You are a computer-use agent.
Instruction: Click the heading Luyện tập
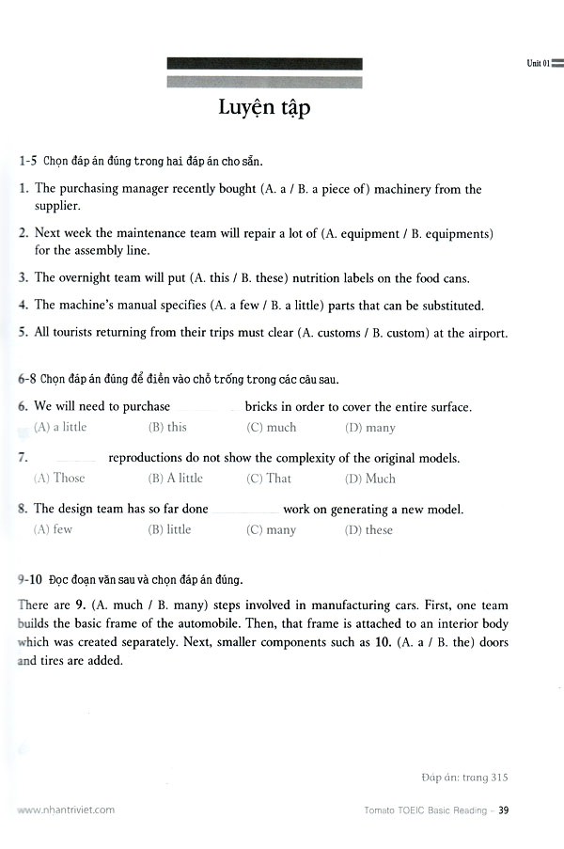264,108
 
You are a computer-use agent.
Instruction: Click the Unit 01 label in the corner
538,63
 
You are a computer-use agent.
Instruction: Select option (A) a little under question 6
60,427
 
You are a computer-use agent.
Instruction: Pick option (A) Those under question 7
59,479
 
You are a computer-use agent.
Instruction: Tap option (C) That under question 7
269,479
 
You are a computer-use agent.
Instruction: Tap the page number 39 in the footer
504,809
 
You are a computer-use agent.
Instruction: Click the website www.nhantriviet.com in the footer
66,809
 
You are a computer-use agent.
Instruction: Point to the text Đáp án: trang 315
464,777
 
